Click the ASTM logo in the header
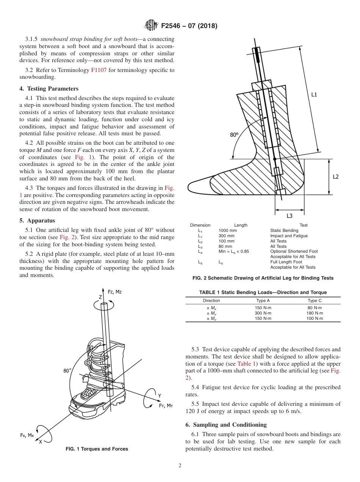coord(152,26)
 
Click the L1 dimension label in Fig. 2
coord(314,94)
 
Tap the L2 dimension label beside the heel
coord(335,177)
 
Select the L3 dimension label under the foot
coord(289,216)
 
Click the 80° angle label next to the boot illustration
coord(67,371)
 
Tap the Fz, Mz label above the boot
coord(115,292)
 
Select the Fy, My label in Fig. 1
coord(166,405)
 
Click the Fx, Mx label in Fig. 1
coord(27,435)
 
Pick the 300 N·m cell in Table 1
coord(263,313)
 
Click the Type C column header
coord(315,300)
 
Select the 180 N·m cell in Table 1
coord(315,313)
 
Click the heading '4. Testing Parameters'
coord(49,89)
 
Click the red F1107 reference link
coord(99,70)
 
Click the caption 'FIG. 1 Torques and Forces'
coord(97,449)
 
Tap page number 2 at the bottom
coord(180,466)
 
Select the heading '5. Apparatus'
coord(37,220)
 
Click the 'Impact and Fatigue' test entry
coord(289,236)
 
